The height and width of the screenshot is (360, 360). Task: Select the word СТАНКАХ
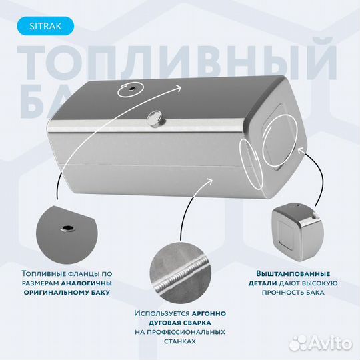coord(179,341)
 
